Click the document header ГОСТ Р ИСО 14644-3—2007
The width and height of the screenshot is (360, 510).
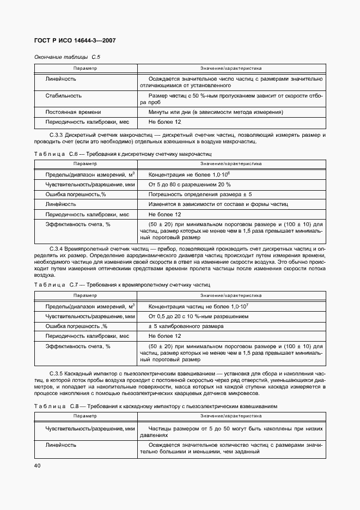(x=75, y=41)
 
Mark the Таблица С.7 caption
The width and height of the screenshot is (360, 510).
(x=121, y=285)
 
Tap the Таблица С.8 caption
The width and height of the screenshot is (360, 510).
(x=156, y=406)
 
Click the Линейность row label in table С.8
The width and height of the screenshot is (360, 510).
(x=60, y=445)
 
